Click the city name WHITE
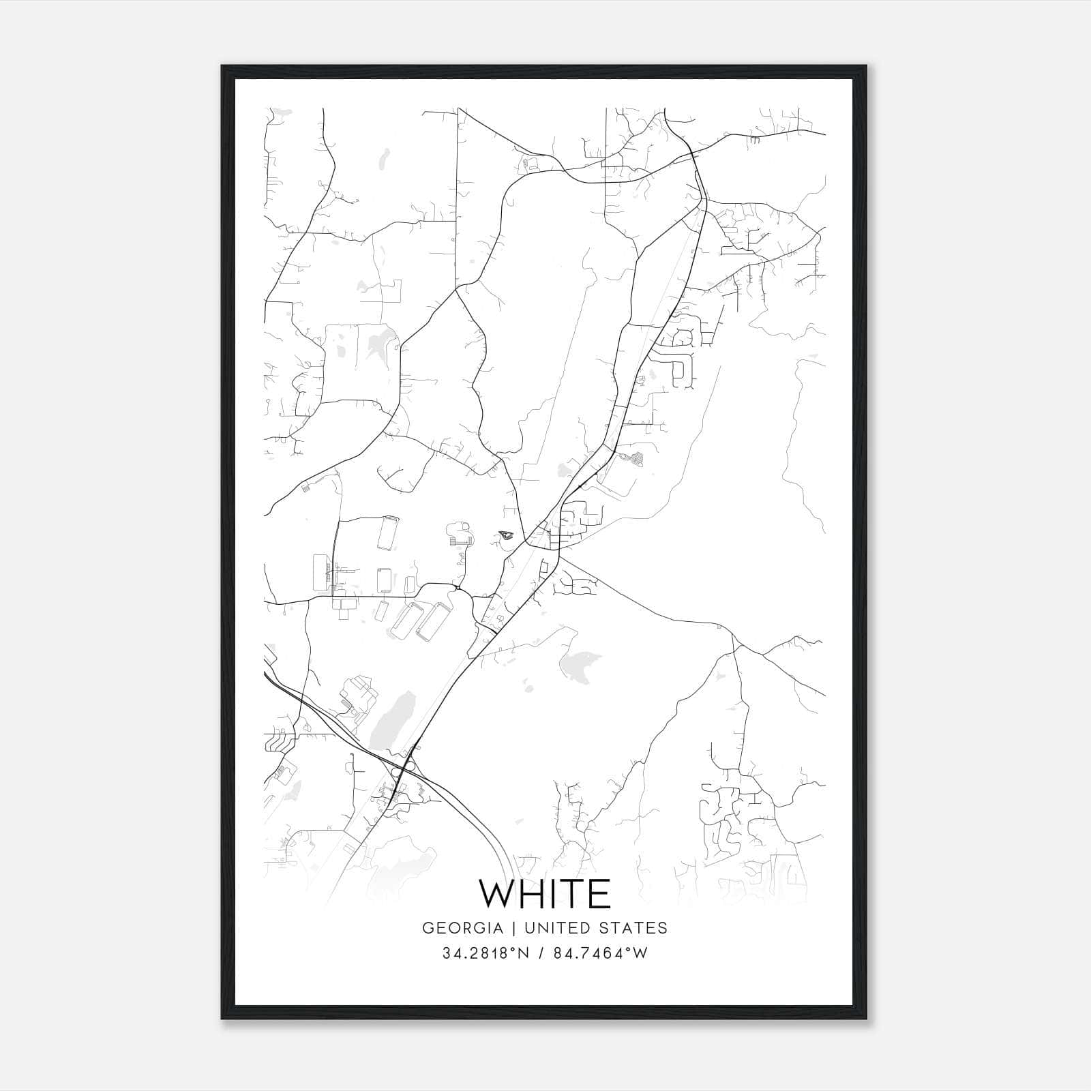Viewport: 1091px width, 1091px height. tap(545, 893)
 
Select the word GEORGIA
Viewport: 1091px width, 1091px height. tap(462, 928)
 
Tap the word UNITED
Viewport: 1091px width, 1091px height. tap(558, 928)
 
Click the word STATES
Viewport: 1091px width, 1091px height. tap(637, 928)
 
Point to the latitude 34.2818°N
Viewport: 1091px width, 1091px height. tap(485, 953)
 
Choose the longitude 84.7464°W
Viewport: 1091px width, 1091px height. tap(601, 953)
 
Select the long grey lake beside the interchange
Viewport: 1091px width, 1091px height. tap(386, 720)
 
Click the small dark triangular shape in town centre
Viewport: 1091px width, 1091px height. tap(506, 535)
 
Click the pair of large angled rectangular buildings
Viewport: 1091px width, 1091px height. tap(416, 621)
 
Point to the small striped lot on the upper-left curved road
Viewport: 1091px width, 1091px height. tap(305, 488)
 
